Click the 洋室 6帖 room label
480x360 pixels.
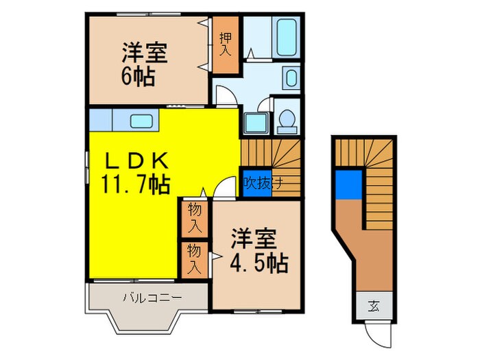pos(145,63)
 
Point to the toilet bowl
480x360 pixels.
pos(285,120)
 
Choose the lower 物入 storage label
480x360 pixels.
pos(195,259)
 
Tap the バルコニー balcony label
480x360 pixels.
pos(152,298)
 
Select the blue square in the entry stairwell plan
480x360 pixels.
pos(348,184)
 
